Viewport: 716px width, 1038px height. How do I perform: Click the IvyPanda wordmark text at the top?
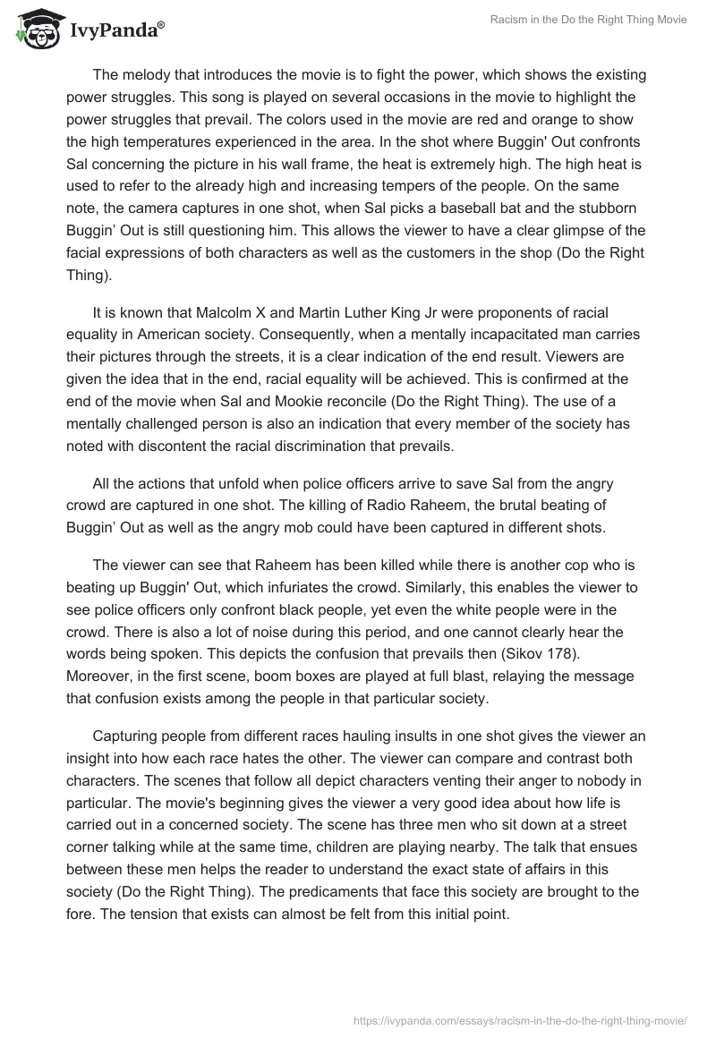pos(116,30)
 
